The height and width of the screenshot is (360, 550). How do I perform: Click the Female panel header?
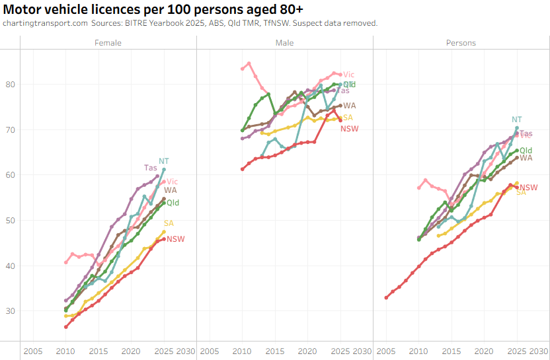pos(108,43)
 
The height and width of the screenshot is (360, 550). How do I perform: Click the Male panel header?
pos(285,43)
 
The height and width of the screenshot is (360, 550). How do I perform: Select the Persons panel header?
pos(461,43)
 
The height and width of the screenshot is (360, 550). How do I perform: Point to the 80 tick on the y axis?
pos(11,84)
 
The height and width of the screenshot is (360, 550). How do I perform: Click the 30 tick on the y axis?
pos(11,311)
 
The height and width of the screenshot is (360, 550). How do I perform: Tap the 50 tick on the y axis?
pos(11,220)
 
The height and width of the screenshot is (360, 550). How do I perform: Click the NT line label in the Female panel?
pos(163,161)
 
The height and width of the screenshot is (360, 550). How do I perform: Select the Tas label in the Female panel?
pos(151,168)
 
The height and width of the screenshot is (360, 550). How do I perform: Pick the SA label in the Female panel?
pos(169,223)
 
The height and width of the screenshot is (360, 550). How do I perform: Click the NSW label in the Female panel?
pos(175,239)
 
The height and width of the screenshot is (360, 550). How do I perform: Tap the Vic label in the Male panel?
pos(348,75)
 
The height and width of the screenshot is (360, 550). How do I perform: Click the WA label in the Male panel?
pos(350,106)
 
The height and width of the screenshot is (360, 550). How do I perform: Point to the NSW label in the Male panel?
pos(349,128)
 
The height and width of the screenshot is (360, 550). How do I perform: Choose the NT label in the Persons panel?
pos(517,120)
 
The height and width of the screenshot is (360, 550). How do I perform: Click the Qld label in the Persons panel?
pos(526,151)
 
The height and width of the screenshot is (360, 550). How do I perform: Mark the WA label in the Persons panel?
pos(526,158)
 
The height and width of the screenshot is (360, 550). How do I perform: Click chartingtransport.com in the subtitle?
pos(45,23)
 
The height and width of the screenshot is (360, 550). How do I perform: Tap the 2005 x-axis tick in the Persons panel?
pos(386,350)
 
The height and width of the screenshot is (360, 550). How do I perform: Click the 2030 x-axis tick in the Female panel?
pos(186,350)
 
